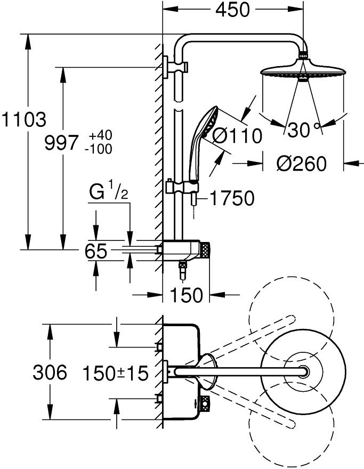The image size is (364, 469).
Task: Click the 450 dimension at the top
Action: click(232, 10)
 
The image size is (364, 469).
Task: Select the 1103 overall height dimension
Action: click(24, 119)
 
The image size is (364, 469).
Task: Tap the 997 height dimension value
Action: click(62, 142)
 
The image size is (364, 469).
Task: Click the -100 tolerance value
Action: click(99, 149)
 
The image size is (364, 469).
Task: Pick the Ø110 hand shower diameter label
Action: click(237, 136)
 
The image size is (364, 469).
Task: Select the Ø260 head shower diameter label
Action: click(301, 164)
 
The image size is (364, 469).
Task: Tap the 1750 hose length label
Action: click(232, 198)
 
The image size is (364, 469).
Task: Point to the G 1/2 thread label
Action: click(109, 192)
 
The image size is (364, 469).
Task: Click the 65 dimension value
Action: click(96, 251)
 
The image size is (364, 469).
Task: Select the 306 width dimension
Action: click(50, 373)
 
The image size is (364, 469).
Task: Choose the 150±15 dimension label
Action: click(116, 373)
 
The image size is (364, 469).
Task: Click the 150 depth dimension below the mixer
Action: click(187, 295)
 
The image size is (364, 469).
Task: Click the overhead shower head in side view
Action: click(303, 69)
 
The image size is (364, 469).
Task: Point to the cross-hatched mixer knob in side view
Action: click(206, 250)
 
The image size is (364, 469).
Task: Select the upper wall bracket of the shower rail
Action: click(176, 67)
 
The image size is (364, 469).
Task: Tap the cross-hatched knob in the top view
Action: click(206, 403)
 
